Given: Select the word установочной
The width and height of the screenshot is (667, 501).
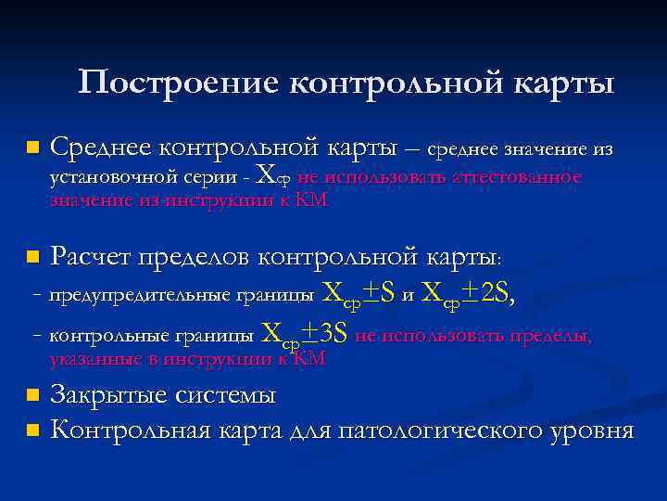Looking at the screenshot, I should click(112, 177).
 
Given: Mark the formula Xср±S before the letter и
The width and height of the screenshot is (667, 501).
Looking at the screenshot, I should click(358, 295).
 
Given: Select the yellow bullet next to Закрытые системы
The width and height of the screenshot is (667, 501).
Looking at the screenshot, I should click(33, 396).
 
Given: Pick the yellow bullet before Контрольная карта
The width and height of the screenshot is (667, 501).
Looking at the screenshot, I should click(33, 431).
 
